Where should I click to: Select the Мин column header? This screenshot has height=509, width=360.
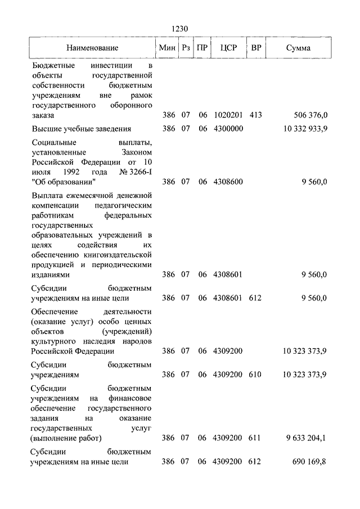click(168, 48)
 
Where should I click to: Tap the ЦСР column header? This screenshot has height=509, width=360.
click(228, 48)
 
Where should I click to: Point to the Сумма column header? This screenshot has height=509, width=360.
click(298, 48)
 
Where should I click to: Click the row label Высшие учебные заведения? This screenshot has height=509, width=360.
click(82, 129)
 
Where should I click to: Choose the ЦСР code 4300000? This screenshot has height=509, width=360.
click(228, 129)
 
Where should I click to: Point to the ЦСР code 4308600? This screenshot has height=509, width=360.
click(228, 182)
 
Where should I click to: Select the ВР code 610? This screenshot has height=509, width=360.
click(255, 374)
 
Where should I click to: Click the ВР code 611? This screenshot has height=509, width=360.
click(255, 438)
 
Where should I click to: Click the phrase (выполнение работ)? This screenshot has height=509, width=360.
click(66, 438)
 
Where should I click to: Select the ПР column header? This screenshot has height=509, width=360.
click(202, 48)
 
